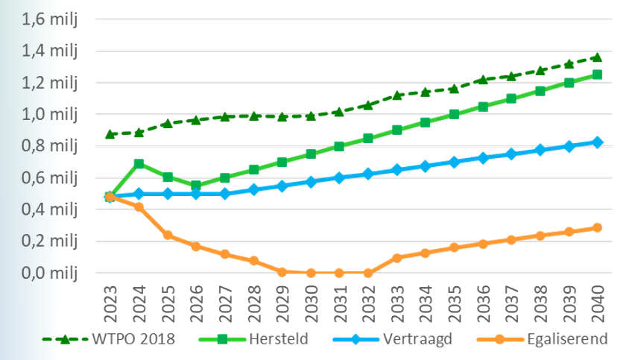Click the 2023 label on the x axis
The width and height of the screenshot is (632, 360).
pyautogui.click(x=110, y=302)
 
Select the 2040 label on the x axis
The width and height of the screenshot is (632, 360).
pyautogui.click(x=596, y=302)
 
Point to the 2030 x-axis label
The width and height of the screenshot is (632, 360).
pyautogui.click(x=310, y=302)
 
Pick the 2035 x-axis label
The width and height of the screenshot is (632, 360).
pyautogui.click(x=453, y=302)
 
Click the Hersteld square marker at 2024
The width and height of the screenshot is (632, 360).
pyautogui.click(x=139, y=163)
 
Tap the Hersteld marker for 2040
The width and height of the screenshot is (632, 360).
pyautogui.click(x=596, y=75)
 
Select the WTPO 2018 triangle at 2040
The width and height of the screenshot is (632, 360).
pyautogui.click(x=596, y=57)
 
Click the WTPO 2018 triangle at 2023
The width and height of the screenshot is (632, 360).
pyautogui.click(x=110, y=134)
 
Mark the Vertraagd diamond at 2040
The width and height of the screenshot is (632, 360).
pyautogui.click(x=596, y=142)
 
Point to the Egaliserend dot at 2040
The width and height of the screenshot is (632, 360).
pyautogui.click(x=596, y=228)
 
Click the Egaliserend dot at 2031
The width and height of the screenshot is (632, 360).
pyautogui.click(x=339, y=273)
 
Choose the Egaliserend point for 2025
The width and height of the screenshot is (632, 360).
pyautogui.click(x=168, y=235)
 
